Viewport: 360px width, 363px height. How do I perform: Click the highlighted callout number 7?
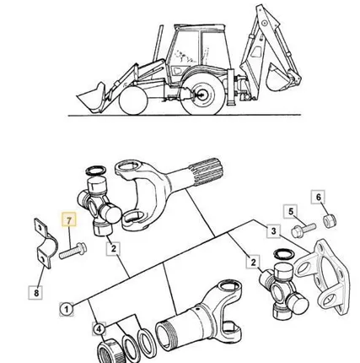tap(69, 219)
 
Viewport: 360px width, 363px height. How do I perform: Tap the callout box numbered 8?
tap(36, 293)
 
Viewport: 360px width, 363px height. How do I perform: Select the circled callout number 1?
tap(67, 309)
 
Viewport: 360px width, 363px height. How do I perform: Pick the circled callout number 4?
tap(99, 329)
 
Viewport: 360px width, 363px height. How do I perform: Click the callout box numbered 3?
tap(273, 231)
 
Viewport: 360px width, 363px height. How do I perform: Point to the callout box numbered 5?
tap(291, 212)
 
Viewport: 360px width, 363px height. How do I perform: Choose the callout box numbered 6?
tap(318, 197)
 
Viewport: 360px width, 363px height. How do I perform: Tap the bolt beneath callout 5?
tap(304, 230)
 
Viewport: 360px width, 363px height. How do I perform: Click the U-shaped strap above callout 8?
tap(45, 243)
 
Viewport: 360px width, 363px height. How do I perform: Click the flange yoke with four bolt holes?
tap(324, 276)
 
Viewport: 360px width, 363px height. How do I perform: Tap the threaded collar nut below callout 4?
tap(110, 351)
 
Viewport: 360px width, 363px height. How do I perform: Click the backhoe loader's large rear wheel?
tap(202, 95)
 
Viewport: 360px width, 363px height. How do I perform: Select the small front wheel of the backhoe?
tap(133, 100)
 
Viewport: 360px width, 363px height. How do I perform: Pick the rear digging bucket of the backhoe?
tap(281, 77)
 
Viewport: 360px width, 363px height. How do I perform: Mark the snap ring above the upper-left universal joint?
tap(96, 171)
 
